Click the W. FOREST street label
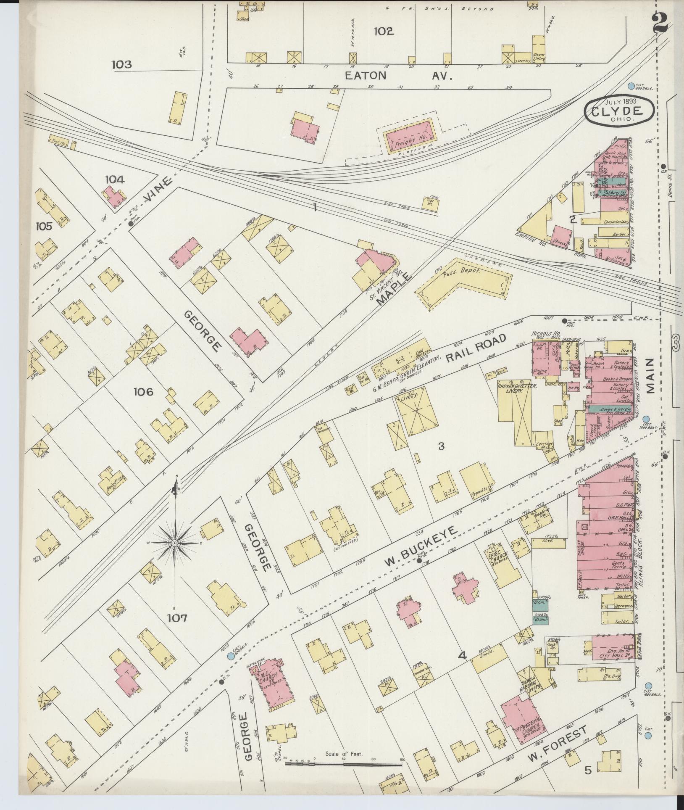click(557, 744)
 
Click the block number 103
click(122, 64)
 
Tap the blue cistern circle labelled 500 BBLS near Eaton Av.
click(631, 86)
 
